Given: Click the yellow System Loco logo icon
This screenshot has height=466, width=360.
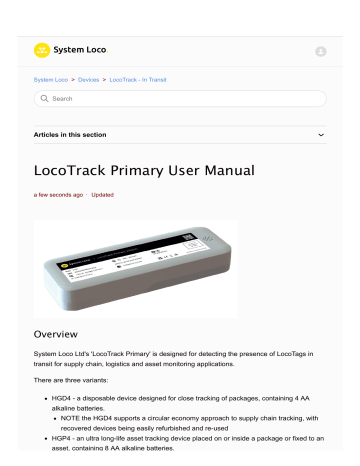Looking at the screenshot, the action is pos(42,49).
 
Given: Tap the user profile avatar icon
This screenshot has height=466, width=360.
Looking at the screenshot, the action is pos(321,51).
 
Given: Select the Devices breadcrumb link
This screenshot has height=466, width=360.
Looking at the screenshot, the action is pos(105,78).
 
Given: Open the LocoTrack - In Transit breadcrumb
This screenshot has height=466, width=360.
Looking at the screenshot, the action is pos(167,78).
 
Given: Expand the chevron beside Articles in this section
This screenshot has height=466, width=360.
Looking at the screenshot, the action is pos(320,133).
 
